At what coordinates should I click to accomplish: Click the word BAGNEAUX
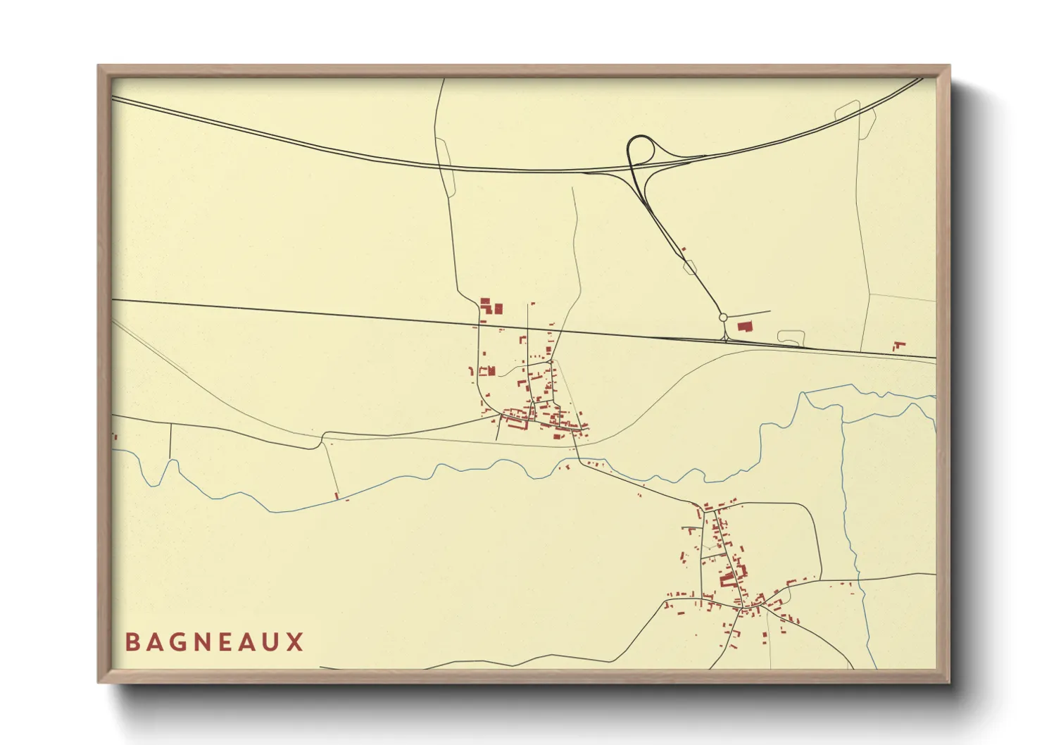214,642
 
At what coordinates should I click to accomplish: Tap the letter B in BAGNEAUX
132,642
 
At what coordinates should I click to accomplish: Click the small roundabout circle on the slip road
723,318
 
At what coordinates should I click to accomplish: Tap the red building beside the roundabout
743,326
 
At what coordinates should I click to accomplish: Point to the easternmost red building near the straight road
898,346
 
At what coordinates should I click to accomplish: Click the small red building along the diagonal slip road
683,249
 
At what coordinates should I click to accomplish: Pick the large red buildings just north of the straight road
491,306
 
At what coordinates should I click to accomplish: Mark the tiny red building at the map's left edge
115,437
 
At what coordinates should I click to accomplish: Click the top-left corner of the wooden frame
99,66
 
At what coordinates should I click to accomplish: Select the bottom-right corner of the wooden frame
949,682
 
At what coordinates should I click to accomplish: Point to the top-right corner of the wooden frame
949,66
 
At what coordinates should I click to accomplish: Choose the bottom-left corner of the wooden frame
99,682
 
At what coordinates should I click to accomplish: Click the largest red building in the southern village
727,580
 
